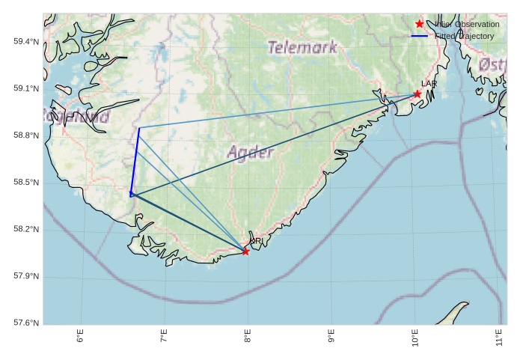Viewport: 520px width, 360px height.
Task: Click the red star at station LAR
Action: click(417, 94)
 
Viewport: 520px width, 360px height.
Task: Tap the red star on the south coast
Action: click(245, 251)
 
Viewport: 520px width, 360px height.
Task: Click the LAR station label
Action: click(429, 84)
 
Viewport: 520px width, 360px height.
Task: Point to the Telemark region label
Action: click(302, 48)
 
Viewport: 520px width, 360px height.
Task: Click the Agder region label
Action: click(250, 153)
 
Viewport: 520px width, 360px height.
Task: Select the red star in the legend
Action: click(420, 24)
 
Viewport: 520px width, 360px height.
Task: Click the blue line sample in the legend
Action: click(420, 36)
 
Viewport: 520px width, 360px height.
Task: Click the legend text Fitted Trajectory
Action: click(464, 36)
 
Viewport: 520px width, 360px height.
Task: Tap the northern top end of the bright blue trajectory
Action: click(139, 128)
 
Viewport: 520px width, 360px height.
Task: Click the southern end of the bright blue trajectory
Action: click(131, 195)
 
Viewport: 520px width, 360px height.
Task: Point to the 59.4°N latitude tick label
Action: click(26, 41)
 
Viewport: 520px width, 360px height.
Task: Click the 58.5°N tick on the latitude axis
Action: click(26, 183)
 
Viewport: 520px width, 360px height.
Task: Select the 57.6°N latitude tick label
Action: click(26, 323)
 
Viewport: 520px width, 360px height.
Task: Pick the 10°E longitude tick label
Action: click(415, 340)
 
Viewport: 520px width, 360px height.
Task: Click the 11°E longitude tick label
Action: click(498, 340)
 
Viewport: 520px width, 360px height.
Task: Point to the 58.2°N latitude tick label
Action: click(26, 230)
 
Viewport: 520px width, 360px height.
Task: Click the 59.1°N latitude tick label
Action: click(26, 88)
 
